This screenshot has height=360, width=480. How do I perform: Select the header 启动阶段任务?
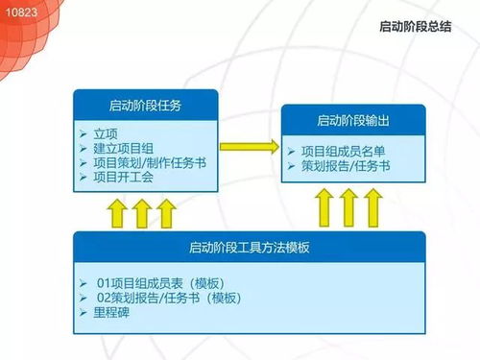pos(147,105)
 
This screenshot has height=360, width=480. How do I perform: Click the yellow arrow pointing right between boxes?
pos(249,147)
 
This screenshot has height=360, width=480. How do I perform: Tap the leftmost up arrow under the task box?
pos(118,212)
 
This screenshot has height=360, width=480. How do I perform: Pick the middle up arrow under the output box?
pos(350,207)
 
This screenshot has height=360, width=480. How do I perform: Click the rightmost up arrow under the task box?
pos(168,212)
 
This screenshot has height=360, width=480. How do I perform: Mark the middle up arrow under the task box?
pos(143,212)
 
